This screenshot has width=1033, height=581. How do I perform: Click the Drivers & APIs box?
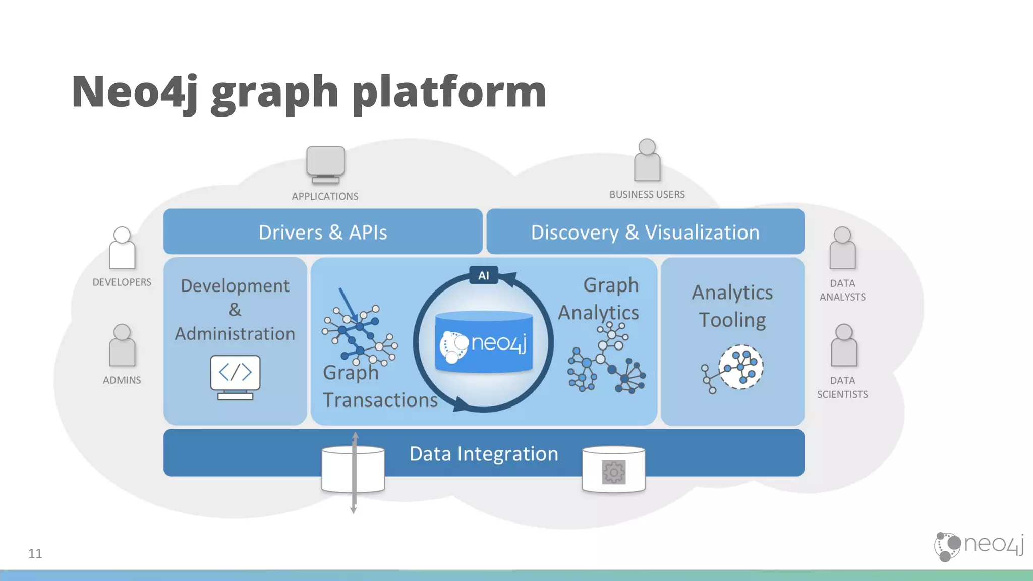click(323, 232)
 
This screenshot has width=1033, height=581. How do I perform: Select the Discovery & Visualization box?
click(645, 232)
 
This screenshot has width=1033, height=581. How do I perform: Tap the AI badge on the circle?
click(484, 275)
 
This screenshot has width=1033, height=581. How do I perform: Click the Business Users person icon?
click(647, 160)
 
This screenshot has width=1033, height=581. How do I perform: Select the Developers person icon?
click(122, 248)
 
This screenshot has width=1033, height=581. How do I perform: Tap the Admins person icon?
click(122, 345)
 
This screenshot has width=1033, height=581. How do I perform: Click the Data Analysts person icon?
click(842, 248)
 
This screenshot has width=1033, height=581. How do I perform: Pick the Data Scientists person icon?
click(843, 345)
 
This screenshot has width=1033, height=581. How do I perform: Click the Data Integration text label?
click(484, 454)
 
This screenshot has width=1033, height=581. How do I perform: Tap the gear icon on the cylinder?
click(613, 472)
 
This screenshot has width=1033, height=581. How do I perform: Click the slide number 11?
click(35, 553)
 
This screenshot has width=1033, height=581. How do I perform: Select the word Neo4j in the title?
click(135, 92)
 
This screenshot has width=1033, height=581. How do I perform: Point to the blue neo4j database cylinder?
click(484, 342)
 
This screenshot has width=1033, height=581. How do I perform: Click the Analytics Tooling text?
click(732, 306)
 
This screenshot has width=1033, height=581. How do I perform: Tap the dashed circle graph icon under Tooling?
click(740, 367)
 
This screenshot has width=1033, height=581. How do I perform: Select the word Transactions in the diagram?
click(380, 400)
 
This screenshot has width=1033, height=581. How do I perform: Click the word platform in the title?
click(449, 92)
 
